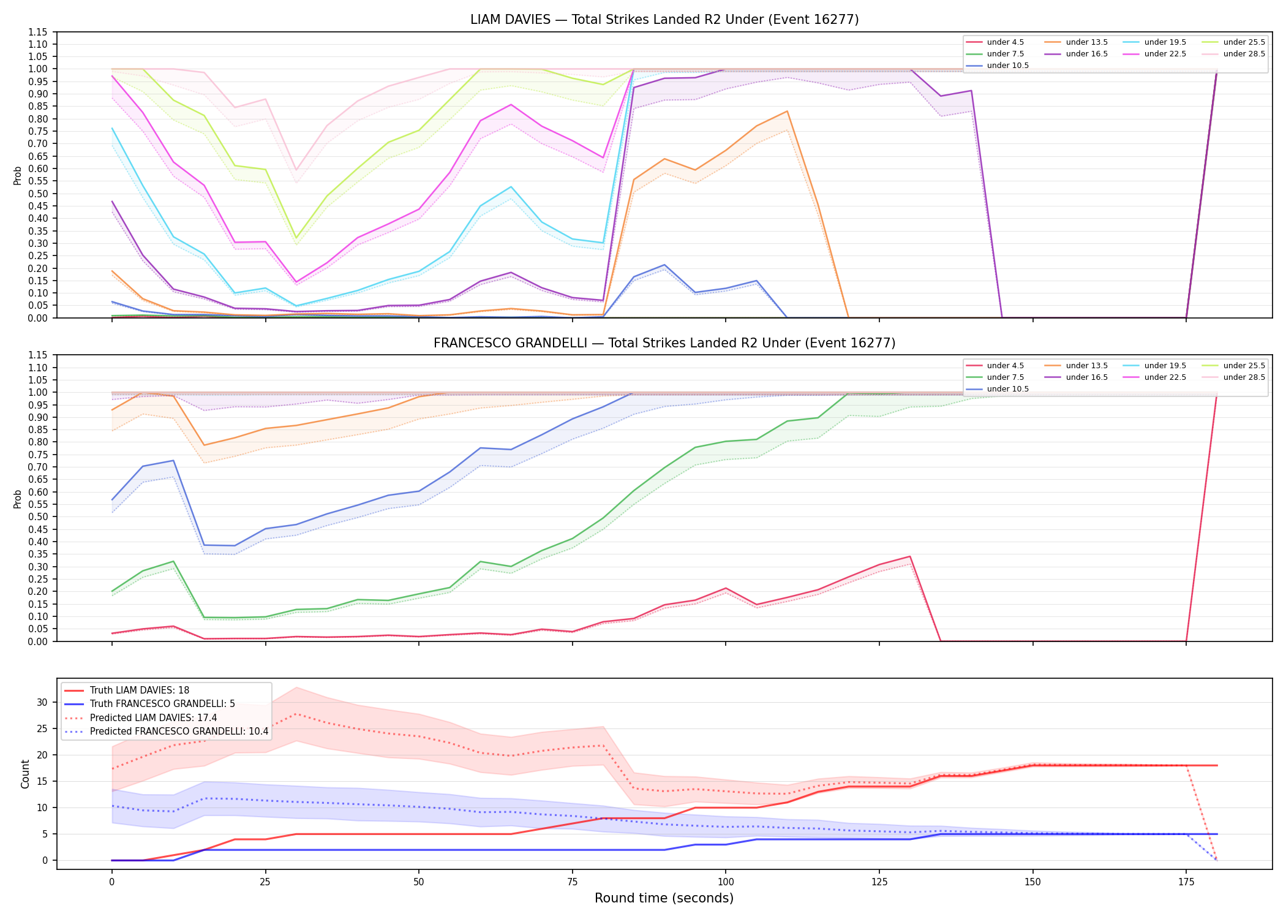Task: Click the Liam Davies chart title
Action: pos(664,20)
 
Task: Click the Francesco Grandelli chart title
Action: pos(664,343)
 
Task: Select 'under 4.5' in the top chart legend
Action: pos(1005,42)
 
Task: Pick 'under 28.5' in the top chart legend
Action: pos(1244,54)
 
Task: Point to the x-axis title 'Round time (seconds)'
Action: pos(664,898)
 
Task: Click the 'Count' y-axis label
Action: pos(25,774)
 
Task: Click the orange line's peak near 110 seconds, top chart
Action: pos(787,112)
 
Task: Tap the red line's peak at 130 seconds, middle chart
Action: pos(909,556)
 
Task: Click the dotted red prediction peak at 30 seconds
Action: pos(296,714)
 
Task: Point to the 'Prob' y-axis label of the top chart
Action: pos(18,175)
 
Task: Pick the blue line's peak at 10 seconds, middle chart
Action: pos(173,461)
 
